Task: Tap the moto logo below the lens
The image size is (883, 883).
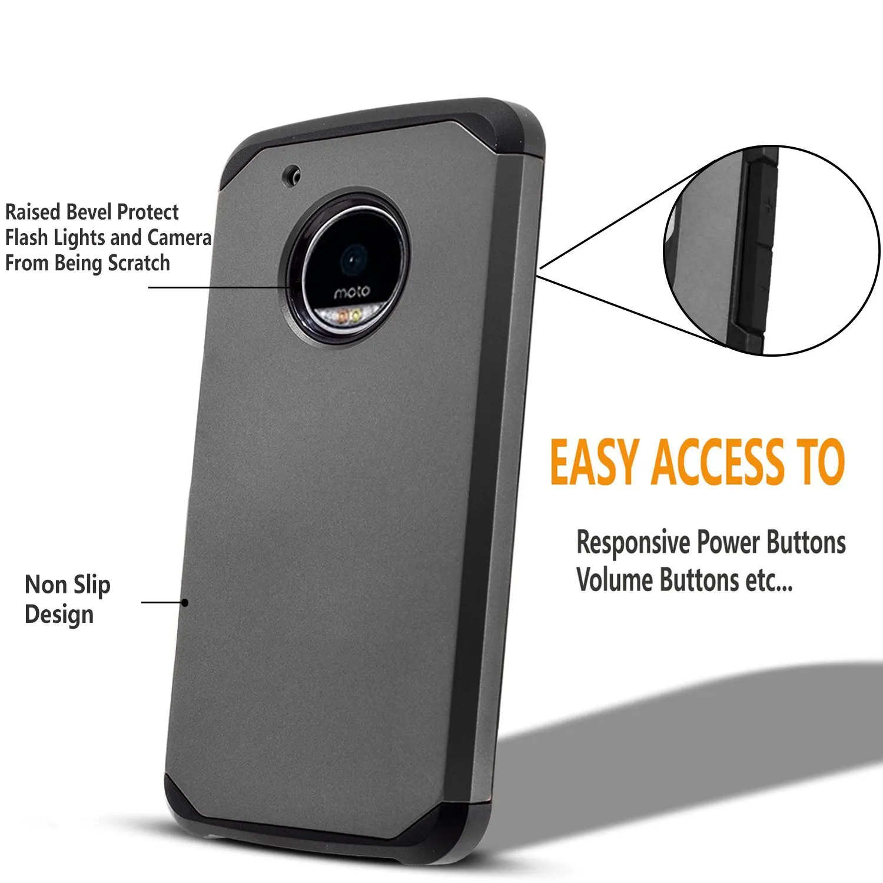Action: click(352, 292)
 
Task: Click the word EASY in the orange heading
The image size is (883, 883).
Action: click(594, 463)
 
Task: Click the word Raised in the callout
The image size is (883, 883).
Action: click(33, 212)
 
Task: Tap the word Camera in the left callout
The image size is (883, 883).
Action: click(179, 238)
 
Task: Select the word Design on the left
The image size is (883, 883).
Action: click(59, 615)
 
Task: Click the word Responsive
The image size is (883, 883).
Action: click(633, 543)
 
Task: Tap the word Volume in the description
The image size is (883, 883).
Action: click(615, 580)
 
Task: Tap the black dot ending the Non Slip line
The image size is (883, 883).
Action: click(185, 602)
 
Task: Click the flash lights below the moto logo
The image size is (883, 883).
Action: click(348, 317)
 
